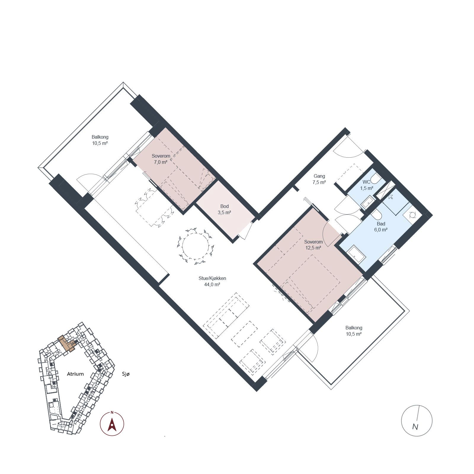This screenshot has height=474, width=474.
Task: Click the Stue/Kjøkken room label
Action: [212, 278]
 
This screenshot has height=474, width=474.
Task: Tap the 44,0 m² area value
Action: [212, 285]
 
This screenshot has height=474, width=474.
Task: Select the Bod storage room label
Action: [225, 206]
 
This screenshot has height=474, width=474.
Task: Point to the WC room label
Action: [366, 182]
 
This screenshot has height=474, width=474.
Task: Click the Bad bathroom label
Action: [381, 224]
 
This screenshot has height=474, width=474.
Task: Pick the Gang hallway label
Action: [319, 176]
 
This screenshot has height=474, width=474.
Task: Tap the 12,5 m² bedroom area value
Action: [313, 248]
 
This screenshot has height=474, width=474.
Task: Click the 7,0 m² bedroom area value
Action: [161, 162]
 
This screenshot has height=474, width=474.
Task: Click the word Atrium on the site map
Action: [75, 374]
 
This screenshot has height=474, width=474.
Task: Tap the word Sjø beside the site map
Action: [126, 374]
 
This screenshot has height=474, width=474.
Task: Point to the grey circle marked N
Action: [417, 420]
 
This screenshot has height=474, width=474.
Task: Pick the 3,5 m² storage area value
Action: [225, 212]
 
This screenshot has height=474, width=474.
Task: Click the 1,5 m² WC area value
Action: [367, 188]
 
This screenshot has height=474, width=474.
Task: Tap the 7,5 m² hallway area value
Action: [319, 182]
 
